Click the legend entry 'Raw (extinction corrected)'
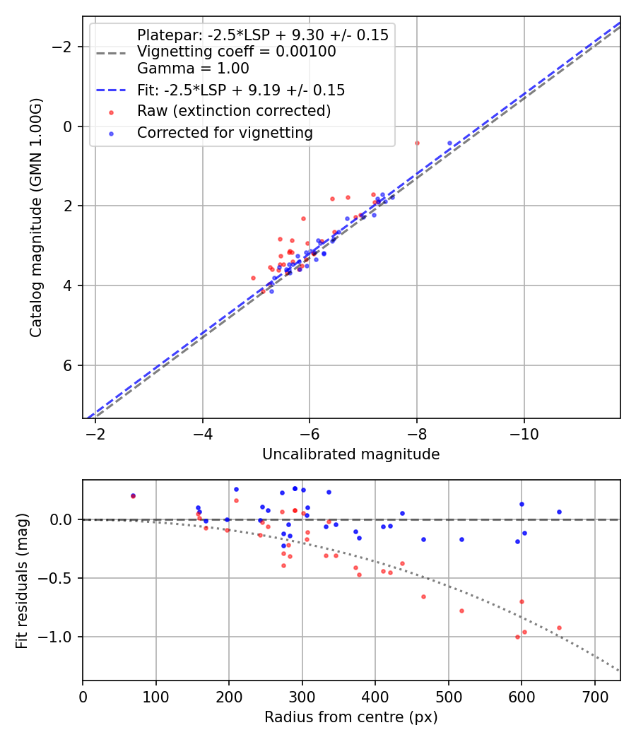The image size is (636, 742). (x=233, y=112)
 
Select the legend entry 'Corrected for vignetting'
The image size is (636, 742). (x=225, y=133)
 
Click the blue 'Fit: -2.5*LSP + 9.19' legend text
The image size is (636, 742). (x=241, y=90)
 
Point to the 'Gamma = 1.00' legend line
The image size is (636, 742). (x=193, y=69)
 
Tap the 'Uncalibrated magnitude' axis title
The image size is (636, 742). (x=351, y=454)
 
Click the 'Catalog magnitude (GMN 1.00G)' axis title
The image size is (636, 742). (x=35, y=217)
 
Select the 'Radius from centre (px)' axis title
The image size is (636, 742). (x=351, y=717)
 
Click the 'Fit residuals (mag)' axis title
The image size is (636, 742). (x=22, y=580)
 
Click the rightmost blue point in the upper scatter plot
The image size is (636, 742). (x=449, y=143)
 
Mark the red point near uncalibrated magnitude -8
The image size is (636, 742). (x=417, y=143)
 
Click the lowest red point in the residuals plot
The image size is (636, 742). (x=517, y=637)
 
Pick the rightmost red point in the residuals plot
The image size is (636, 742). (x=559, y=628)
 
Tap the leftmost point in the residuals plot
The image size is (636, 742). (x=133, y=496)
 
